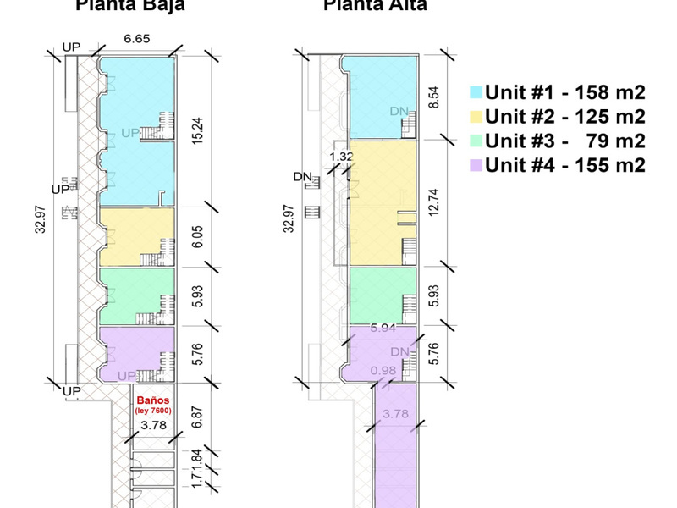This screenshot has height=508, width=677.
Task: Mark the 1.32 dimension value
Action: (x=341, y=157)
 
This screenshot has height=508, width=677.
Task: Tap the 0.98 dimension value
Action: (x=383, y=371)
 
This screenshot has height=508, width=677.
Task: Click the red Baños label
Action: (x=152, y=400)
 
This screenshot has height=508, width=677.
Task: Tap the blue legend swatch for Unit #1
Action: (x=475, y=92)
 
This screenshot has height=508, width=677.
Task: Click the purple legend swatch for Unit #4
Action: (x=475, y=165)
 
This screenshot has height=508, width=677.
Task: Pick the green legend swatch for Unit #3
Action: (x=475, y=141)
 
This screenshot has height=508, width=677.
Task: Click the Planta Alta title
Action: (x=374, y=6)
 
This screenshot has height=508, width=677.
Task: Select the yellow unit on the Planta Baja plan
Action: (x=137, y=237)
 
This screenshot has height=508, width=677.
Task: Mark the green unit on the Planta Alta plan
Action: (x=383, y=294)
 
